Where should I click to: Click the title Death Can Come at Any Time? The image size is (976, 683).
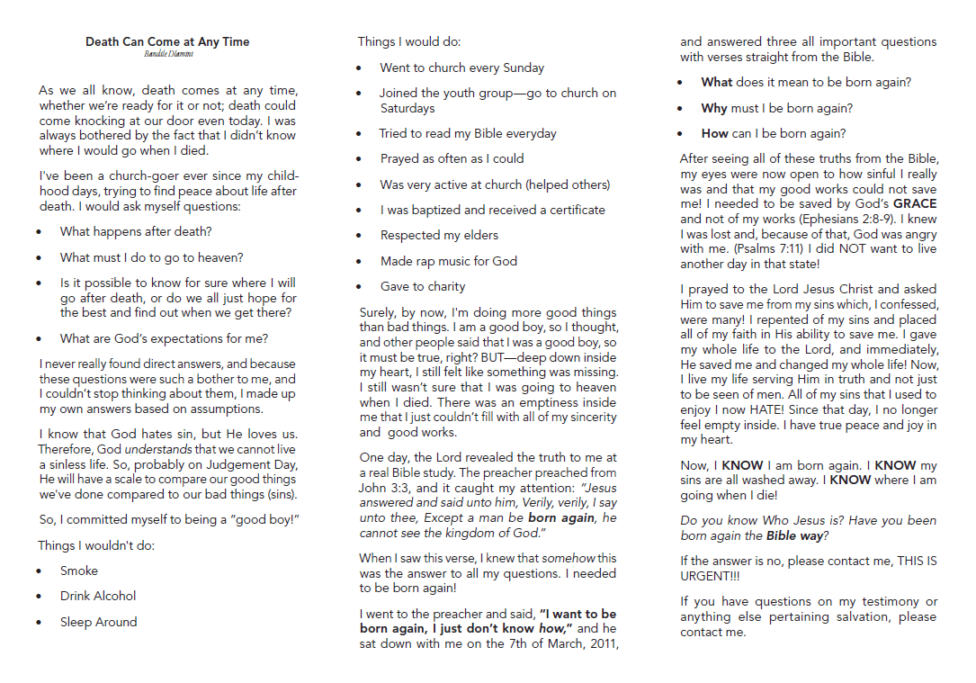pyautogui.click(x=167, y=41)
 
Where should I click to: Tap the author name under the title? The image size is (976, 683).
pyautogui.click(x=168, y=54)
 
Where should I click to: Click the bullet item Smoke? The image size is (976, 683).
pyautogui.click(x=79, y=571)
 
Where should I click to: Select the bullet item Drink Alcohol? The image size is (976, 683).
pyautogui.click(x=98, y=596)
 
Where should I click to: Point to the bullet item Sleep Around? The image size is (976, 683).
pyautogui.click(x=98, y=622)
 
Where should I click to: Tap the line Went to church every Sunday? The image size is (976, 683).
pyautogui.click(x=461, y=67)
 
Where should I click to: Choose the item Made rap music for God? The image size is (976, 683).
pyautogui.click(x=448, y=261)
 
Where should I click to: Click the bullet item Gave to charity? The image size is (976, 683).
pyautogui.click(x=422, y=286)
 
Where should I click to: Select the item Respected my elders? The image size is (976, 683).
pyautogui.click(x=438, y=235)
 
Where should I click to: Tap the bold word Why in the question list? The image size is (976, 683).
pyautogui.click(x=714, y=108)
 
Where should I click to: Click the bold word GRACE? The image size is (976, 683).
pyautogui.click(x=914, y=204)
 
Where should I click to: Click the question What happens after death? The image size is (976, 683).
pyautogui.click(x=136, y=231)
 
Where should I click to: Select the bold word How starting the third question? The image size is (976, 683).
pyautogui.click(x=714, y=133)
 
